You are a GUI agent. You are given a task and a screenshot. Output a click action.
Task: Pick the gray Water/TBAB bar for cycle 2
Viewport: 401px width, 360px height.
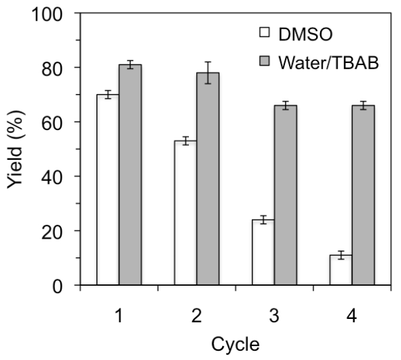point(208,179)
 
